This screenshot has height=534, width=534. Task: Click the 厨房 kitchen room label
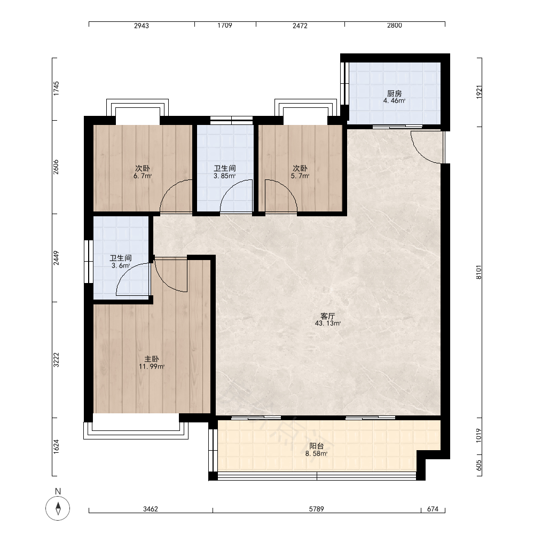point(395,93)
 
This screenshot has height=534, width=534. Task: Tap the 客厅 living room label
point(327,316)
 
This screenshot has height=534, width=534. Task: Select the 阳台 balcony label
point(316,446)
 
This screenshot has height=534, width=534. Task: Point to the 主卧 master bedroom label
point(152,359)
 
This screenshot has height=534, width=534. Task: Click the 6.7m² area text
point(143,176)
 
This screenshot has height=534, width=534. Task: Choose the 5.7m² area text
point(300,176)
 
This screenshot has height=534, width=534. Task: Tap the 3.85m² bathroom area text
point(224,176)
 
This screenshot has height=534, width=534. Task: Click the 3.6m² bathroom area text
point(121,265)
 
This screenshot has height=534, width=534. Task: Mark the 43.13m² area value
point(328,324)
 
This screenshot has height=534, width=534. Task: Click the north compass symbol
point(58,508)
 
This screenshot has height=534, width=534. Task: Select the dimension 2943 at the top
point(142,26)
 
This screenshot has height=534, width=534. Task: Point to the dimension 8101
point(479,272)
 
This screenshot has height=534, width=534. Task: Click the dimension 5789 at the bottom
point(316,509)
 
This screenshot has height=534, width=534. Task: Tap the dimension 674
point(433,509)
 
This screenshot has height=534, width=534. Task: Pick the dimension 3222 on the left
point(56,360)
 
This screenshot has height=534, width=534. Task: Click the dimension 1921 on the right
point(479,92)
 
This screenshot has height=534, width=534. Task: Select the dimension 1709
point(225,25)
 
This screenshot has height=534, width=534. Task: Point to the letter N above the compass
point(58,491)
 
